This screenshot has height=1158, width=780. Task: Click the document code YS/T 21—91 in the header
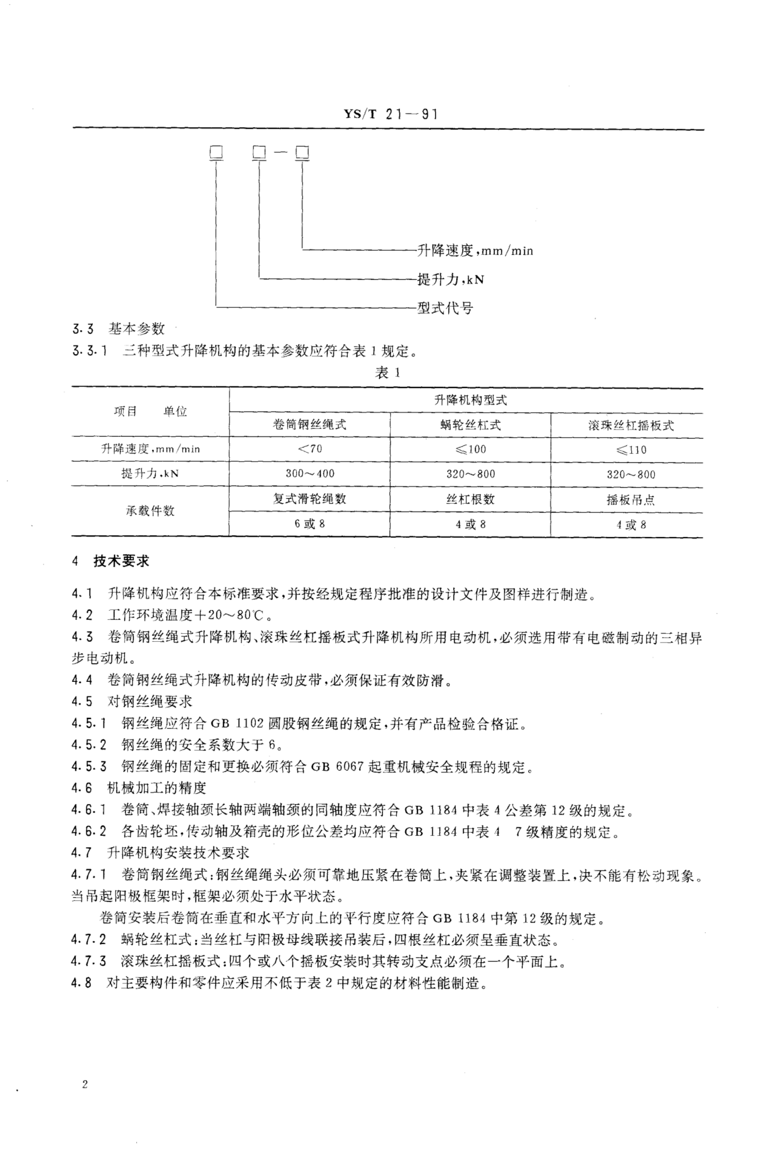pyautogui.click(x=390, y=115)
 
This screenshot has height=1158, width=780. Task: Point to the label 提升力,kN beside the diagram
pyautogui.click(x=450, y=279)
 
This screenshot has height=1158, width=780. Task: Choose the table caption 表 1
pyautogui.click(x=387, y=373)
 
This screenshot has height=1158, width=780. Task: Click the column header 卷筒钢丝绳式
pyautogui.click(x=309, y=425)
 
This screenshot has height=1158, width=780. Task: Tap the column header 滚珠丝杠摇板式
pyautogui.click(x=631, y=425)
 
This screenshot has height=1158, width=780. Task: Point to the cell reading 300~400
pyautogui.click(x=309, y=474)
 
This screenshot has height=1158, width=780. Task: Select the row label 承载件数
pyautogui.click(x=150, y=511)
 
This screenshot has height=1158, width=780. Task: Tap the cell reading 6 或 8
pyautogui.click(x=309, y=524)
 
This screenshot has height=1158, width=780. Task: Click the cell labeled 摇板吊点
pyautogui.click(x=631, y=499)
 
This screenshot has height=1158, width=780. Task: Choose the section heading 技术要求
pyautogui.click(x=121, y=561)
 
